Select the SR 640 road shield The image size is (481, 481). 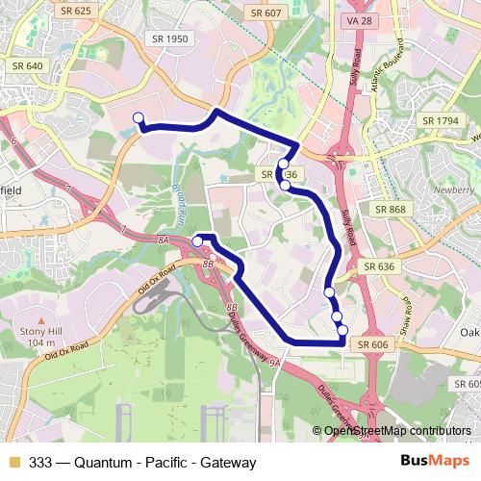click(28, 65)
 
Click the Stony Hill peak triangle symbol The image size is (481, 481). click(40, 319)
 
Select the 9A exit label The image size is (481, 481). click(275, 363)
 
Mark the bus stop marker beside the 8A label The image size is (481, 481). click(197, 241)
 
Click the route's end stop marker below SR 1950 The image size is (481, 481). click(139, 118)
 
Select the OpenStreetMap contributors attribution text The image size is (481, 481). click(396, 431)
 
